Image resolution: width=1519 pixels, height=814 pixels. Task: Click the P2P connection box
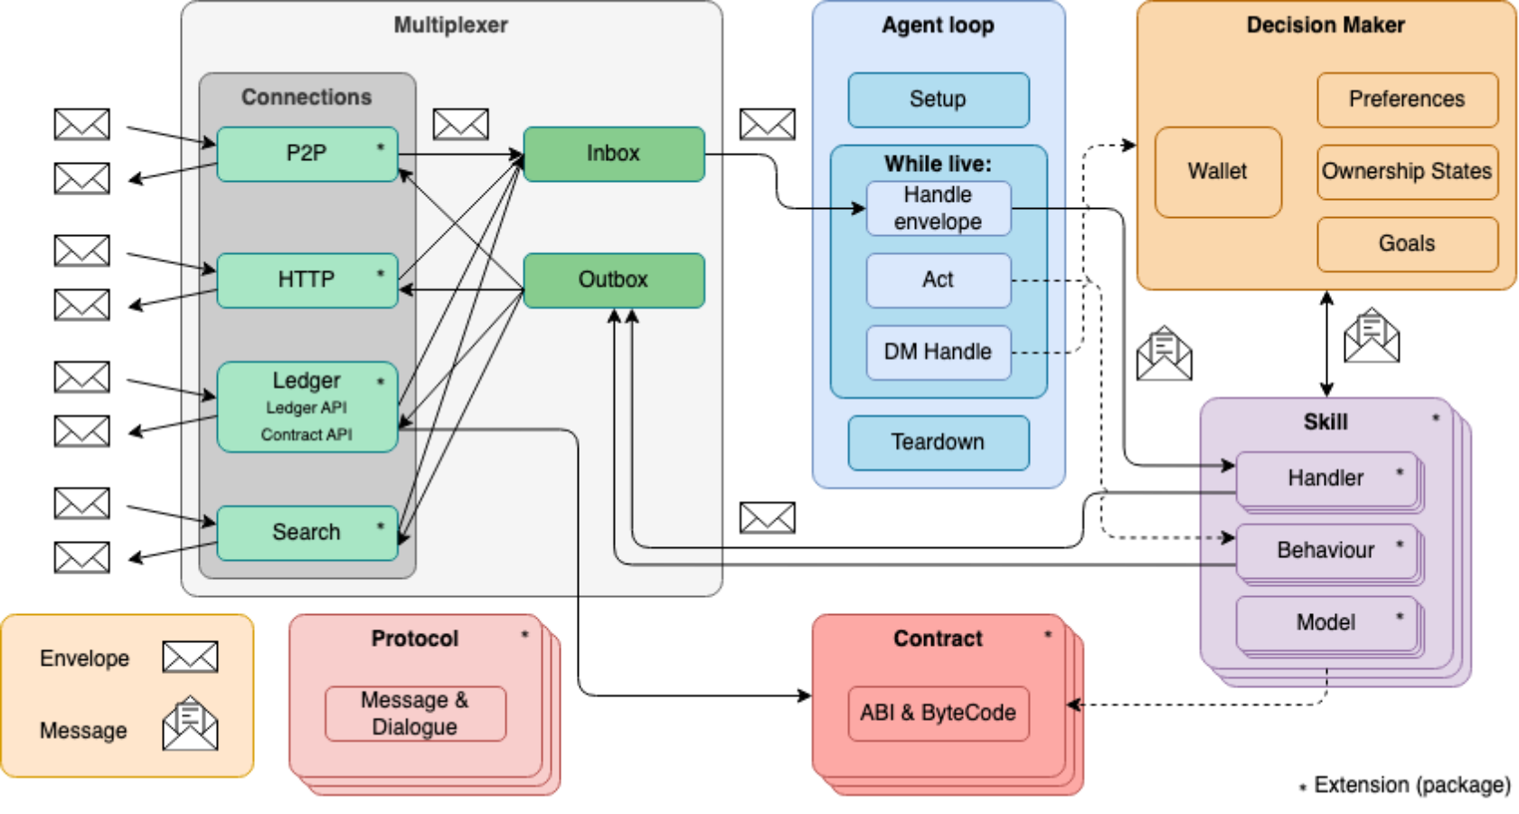pyautogui.click(x=307, y=154)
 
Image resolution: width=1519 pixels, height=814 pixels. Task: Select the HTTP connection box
pyautogui.click(x=307, y=280)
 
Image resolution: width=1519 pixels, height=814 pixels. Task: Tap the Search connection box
pyautogui.click(x=307, y=533)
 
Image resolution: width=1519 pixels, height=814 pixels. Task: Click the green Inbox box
pyautogui.click(x=613, y=154)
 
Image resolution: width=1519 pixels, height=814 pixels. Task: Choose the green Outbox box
pyautogui.click(x=613, y=280)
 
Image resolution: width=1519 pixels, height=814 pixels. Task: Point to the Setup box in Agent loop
pyautogui.click(x=938, y=99)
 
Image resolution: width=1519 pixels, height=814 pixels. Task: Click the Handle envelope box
pyautogui.click(x=938, y=208)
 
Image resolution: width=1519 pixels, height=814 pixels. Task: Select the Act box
pyautogui.click(x=938, y=280)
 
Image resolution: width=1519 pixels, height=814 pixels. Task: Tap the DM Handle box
pyautogui.click(x=938, y=352)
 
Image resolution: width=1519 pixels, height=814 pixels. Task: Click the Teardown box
pyautogui.click(x=938, y=442)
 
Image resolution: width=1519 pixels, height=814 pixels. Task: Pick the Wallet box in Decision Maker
pyautogui.click(x=1217, y=172)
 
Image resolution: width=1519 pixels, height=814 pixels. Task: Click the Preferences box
pyautogui.click(x=1406, y=99)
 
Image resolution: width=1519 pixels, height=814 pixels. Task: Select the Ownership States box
pyautogui.click(x=1406, y=172)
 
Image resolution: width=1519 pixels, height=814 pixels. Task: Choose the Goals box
pyautogui.click(x=1406, y=244)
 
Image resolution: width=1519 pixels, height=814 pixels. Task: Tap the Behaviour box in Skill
pyautogui.click(x=1326, y=551)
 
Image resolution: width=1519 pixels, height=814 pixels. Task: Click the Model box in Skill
pyautogui.click(x=1326, y=623)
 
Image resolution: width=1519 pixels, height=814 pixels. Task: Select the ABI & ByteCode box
pyautogui.click(x=938, y=714)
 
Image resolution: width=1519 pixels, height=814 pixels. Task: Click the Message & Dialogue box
pyautogui.click(x=415, y=714)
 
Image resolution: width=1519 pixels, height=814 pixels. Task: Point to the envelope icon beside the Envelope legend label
pyautogui.click(x=190, y=657)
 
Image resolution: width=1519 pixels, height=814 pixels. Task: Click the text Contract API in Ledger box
pyautogui.click(x=307, y=435)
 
